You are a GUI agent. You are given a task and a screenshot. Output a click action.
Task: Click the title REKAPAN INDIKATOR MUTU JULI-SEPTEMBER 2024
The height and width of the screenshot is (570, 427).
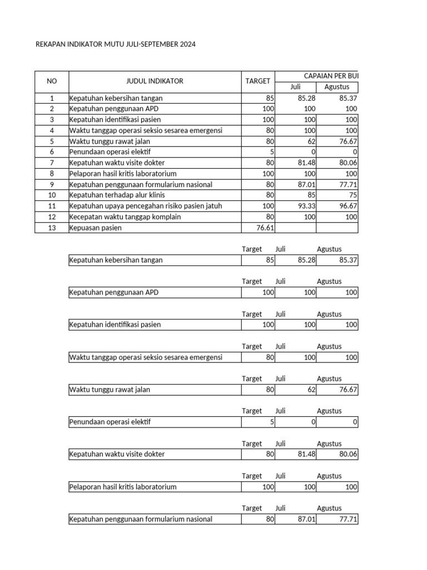[116, 43]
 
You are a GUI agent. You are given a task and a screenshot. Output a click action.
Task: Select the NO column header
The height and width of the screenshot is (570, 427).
[52, 81]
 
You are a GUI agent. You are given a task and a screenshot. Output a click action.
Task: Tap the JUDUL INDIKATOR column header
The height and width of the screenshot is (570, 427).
[155, 81]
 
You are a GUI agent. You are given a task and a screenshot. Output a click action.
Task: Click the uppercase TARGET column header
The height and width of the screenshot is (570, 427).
[258, 81]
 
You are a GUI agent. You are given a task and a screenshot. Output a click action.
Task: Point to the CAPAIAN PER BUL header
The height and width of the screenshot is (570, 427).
[334, 76]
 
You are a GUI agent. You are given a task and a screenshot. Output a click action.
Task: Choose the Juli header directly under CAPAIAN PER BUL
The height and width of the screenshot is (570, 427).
[295, 87]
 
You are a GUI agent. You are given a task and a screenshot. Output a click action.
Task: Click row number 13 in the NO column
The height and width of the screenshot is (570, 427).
[52, 228]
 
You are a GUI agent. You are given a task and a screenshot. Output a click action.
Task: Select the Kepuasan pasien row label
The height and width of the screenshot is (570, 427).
[95, 228]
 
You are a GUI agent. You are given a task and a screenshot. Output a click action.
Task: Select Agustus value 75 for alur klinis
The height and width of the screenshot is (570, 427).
[352, 195]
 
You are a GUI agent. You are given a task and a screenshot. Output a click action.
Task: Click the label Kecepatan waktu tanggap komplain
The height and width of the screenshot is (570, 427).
[125, 217]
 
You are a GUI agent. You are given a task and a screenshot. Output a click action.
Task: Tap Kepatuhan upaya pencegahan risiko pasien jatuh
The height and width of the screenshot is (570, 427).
[146, 206]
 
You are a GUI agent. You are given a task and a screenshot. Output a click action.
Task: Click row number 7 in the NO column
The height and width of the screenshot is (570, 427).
[52, 163]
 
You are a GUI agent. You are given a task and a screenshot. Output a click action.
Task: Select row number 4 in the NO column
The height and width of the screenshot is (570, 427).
[52, 130]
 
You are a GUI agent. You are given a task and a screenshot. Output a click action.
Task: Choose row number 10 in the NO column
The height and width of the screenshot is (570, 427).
[52, 195]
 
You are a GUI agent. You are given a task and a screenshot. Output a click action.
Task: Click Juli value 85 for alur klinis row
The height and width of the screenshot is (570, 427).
[310, 195]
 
